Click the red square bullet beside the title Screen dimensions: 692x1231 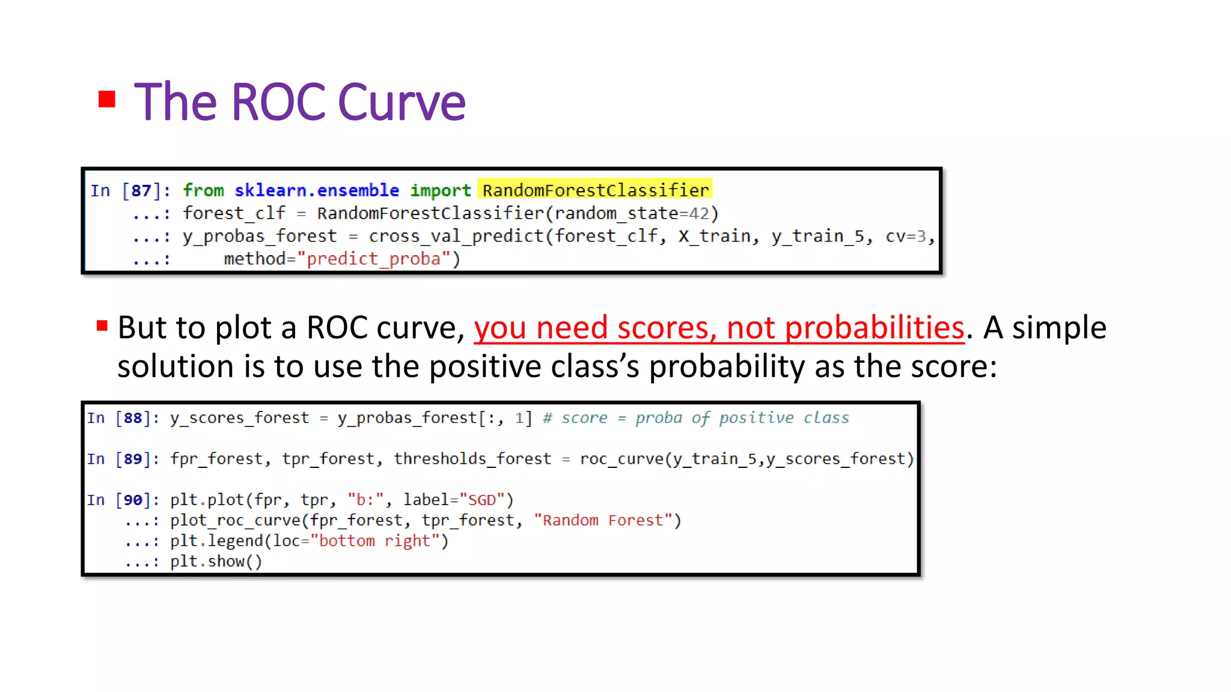(107, 99)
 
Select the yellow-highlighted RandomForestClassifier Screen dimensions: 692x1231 (595, 190)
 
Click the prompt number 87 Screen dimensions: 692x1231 (141, 190)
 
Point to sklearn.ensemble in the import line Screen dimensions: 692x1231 (316, 190)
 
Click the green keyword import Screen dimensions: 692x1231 (440, 190)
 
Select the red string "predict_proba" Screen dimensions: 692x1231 (374, 259)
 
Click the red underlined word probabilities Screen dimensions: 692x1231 (875, 328)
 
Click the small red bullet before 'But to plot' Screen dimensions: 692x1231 (102, 326)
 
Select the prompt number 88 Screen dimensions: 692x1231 (133, 418)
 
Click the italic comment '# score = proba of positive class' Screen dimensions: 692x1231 (696, 418)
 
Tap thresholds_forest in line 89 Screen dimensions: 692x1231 (472, 459)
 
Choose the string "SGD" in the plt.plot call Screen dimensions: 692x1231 (482, 500)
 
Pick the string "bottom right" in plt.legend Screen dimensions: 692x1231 (375, 541)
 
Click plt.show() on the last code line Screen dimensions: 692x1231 (216, 562)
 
